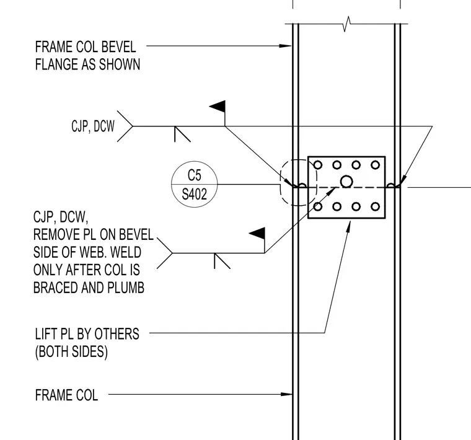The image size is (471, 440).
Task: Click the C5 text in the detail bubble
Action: (x=195, y=175)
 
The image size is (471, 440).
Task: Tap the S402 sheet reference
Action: (x=195, y=195)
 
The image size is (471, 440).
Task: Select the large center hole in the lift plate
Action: (x=346, y=182)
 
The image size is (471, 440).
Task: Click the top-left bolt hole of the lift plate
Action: (x=318, y=165)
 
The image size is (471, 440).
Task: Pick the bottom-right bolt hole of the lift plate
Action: (x=375, y=206)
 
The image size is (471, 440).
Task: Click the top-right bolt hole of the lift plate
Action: (x=375, y=165)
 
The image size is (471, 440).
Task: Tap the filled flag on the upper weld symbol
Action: (x=218, y=107)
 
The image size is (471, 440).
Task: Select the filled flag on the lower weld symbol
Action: (x=257, y=234)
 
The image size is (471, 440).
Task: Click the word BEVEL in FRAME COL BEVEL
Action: (x=118, y=47)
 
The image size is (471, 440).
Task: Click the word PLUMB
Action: (x=126, y=288)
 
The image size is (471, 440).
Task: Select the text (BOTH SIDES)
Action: (x=71, y=352)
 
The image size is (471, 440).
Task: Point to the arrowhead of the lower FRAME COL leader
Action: (x=286, y=394)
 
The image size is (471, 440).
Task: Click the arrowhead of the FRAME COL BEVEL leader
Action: (x=285, y=46)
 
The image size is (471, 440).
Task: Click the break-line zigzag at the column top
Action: (x=346, y=24)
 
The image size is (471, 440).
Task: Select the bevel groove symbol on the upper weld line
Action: (x=182, y=134)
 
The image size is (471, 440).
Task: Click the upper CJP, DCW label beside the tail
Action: (x=93, y=126)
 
